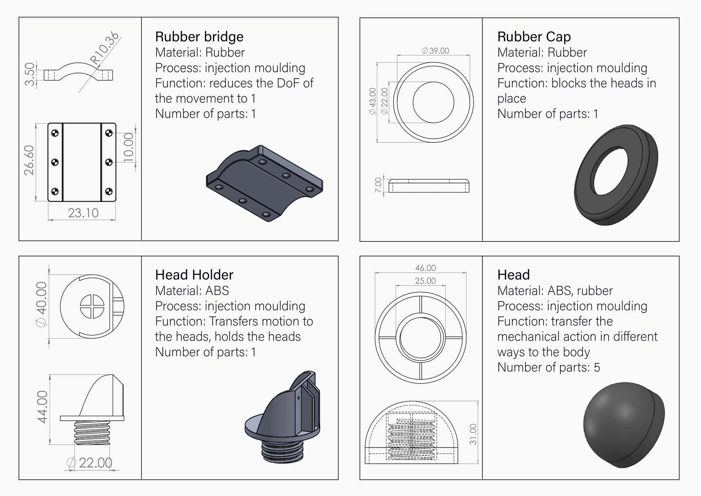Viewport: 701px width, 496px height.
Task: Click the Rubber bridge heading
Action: tap(199, 37)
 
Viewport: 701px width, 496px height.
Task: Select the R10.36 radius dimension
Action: tap(105, 48)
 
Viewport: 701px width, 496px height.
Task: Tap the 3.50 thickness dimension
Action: tap(30, 75)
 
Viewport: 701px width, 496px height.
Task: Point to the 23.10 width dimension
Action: tap(83, 213)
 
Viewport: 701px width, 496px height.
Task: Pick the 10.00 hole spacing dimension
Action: tap(129, 147)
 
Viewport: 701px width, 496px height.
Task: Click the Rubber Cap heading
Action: tap(534, 37)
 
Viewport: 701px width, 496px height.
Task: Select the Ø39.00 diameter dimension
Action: tap(436, 51)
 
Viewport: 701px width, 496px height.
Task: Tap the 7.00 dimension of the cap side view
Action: tap(378, 185)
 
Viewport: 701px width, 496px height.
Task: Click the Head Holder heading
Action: tap(194, 275)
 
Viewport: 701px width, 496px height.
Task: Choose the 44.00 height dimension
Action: tap(42, 407)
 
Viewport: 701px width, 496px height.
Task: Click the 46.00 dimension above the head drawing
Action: tap(425, 268)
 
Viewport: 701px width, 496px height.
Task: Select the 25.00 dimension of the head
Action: tap(425, 281)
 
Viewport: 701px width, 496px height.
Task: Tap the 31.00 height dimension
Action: tap(473, 434)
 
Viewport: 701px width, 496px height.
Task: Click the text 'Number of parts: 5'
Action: tap(548, 367)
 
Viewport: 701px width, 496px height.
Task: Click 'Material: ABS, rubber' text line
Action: tap(555, 291)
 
